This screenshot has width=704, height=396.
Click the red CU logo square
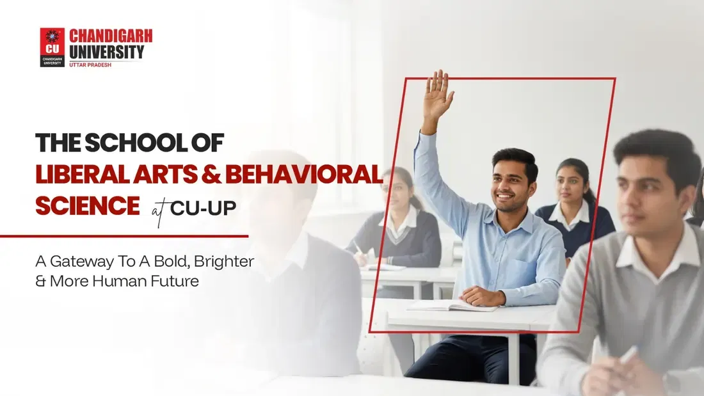(52, 40)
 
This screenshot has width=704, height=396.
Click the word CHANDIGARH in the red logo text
(111, 36)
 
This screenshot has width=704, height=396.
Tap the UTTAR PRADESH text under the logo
(94, 65)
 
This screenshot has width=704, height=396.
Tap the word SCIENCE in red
(87, 206)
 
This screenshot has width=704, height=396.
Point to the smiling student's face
(513, 181)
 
